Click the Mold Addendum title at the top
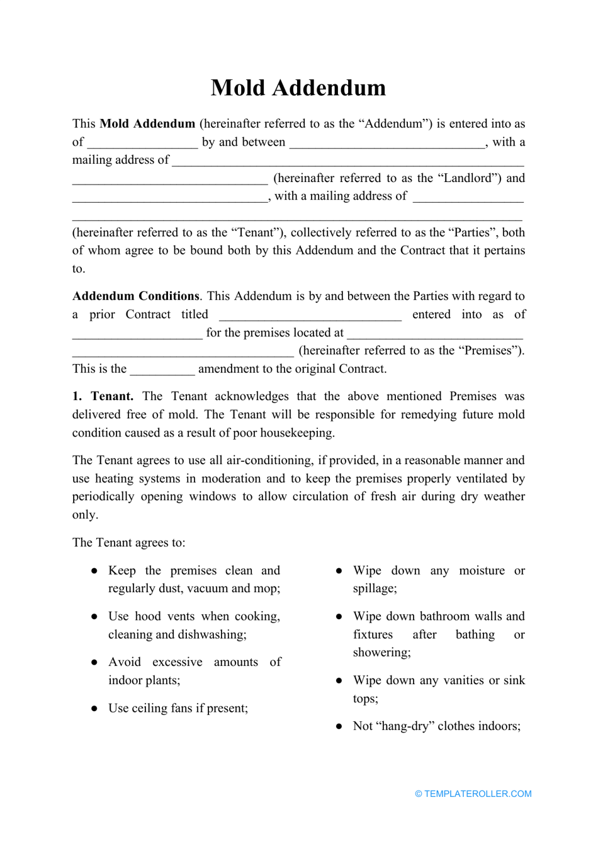pos(298,88)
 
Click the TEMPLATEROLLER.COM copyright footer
pos(473,794)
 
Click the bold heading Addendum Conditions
pos(136,296)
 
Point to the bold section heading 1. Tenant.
pos(103,396)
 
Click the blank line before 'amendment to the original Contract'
pos(162,370)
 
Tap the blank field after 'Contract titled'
pos(310,316)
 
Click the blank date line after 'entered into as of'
pos(137,334)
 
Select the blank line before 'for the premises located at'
pos(137,334)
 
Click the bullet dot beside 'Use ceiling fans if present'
pos(94,709)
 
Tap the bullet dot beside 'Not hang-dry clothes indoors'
pos(339,726)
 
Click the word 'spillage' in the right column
pos(375,588)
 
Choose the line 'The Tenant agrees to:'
pos(129,542)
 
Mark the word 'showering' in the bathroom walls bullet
pos(381,653)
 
